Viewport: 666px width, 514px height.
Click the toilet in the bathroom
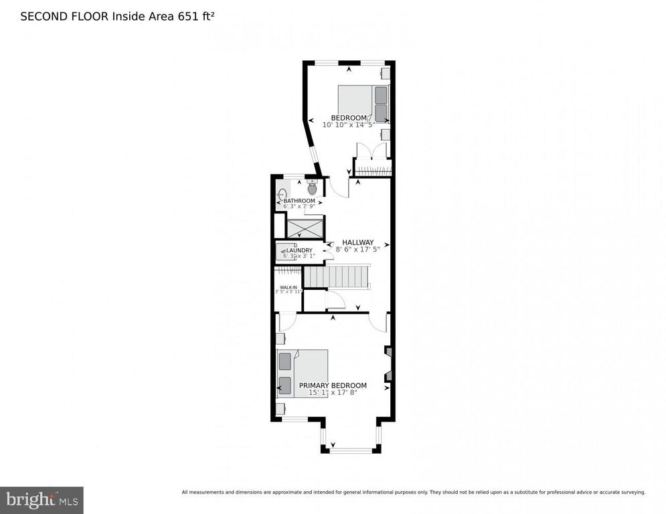312,188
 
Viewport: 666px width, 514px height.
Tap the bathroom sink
282,194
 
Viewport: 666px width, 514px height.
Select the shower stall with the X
305,228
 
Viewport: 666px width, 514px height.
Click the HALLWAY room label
358,242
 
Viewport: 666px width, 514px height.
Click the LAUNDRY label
299,251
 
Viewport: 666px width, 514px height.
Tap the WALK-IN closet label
288,287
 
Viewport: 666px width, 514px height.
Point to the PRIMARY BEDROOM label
333,385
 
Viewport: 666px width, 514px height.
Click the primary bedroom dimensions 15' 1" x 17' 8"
333,393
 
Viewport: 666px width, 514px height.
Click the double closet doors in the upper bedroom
371,151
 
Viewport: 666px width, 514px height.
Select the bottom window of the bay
351,450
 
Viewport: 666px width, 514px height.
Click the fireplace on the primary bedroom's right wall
388,365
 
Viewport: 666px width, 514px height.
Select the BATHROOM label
299,201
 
